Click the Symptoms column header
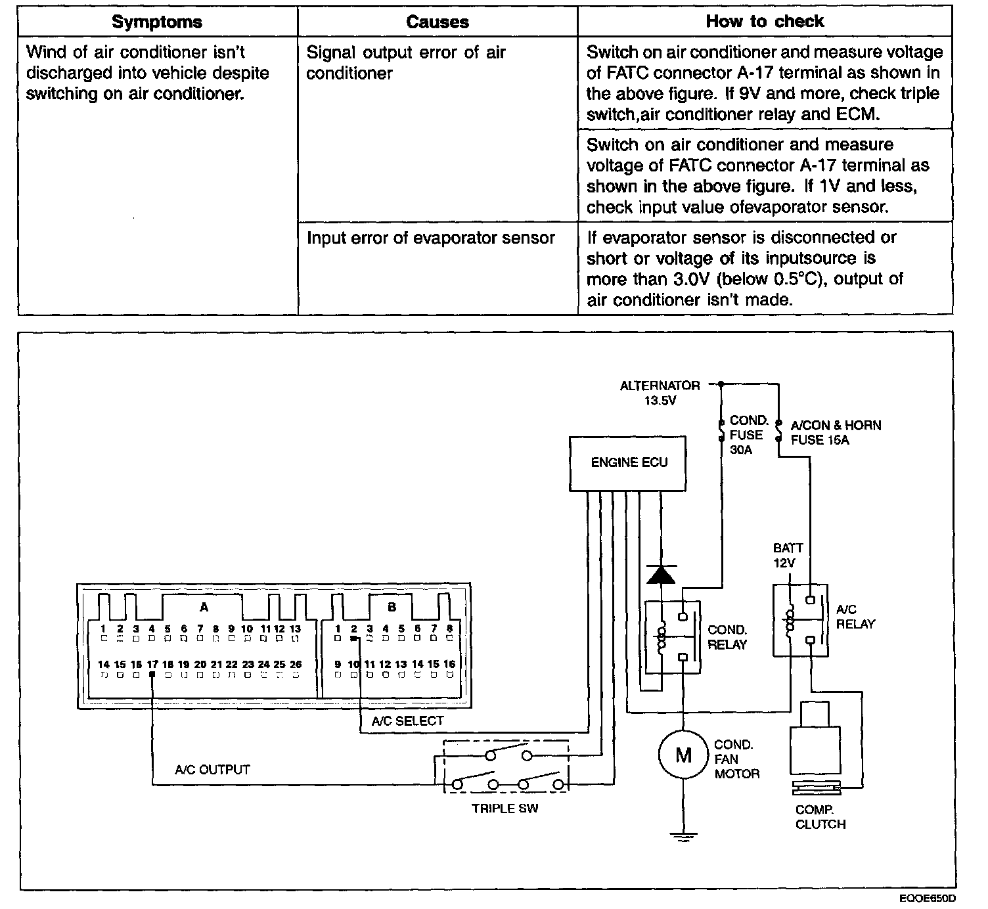[x=157, y=22]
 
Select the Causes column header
[x=438, y=22]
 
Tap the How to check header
[x=765, y=21]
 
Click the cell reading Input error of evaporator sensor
[x=431, y=238]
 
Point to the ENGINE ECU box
[x=629, y=462]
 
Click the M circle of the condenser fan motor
[x=684, y=755]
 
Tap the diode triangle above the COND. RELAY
[x=661, y=574]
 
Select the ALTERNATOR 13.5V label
[x=660, y=392]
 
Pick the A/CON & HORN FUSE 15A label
[x=836, y=432]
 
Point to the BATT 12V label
[x=787, y=555]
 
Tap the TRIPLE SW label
[x=505, y=809]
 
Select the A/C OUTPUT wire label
[x=212, y=769]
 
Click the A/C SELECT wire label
[x=407, y=721]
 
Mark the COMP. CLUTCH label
[x=820, y=817]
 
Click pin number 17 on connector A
[x=152, y=665]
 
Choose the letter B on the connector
[x=392, y=607]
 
